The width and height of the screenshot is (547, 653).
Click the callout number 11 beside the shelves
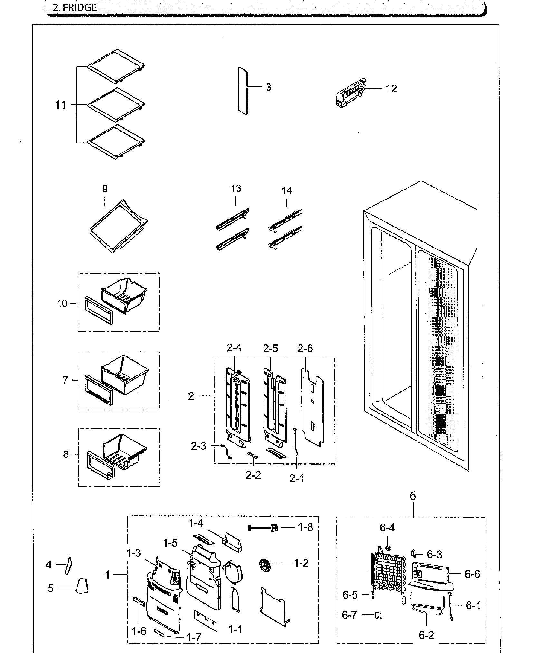tap(60, 105)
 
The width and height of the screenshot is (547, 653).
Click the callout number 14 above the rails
tap(286, 191)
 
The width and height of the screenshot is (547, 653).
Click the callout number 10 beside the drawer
tap(62, 303)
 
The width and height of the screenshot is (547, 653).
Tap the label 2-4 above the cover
tap(234, 348)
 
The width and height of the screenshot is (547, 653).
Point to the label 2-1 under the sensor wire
tap(296, 488)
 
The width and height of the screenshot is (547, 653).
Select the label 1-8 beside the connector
tap(305, 527)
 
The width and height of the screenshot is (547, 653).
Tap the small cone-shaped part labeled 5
tap(82, 586)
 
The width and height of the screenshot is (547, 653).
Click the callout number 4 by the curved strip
tap(49, 565)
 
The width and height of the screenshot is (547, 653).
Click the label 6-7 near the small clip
tap(350, 615)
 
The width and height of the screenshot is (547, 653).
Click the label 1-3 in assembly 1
tap(133, 553)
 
